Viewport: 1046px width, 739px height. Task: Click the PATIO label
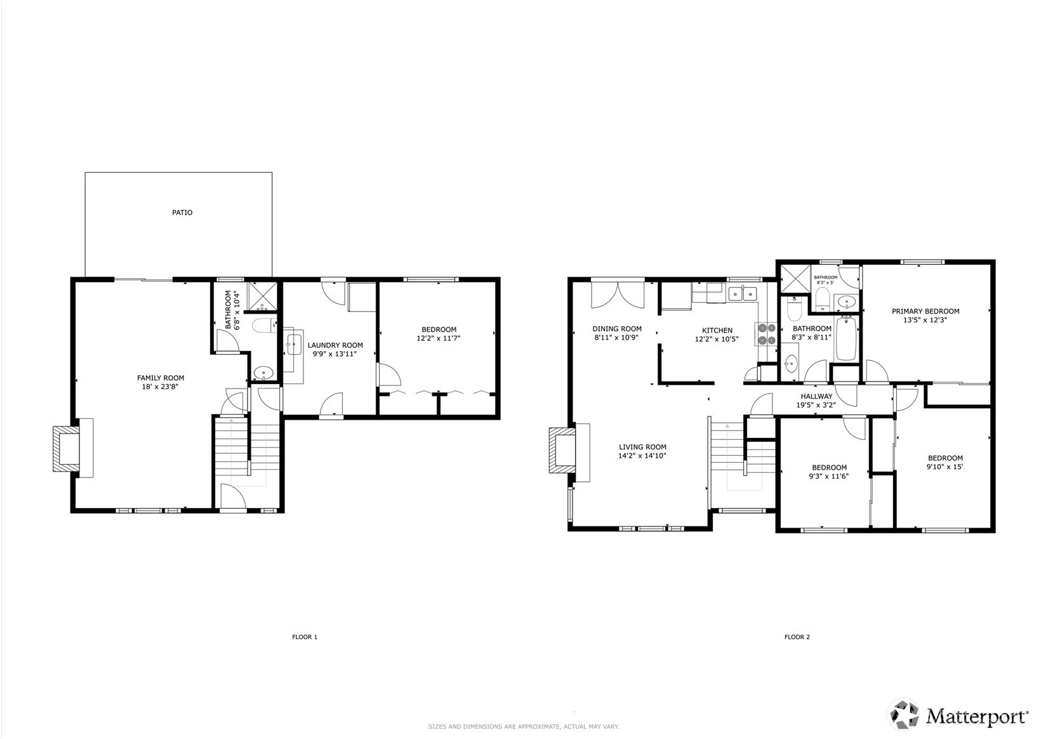pyautogui.click(x=182, y=213)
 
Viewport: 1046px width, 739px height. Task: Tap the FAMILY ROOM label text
pyautogui.click(x=161, y=378)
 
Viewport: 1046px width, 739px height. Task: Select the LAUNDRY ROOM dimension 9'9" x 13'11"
pyautogui.click(x=335, y=354)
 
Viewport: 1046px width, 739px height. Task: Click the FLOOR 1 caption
pyautogui.click(x=305, y=637)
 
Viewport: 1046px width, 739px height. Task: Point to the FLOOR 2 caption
pyautogui.click(x=797, y=637)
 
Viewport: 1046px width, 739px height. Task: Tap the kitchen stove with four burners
pyautogui.click(x=766, y=334)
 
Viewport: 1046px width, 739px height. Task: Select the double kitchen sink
pyautogui.click(x=743, y=293)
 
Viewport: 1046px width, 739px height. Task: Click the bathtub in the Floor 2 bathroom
pyautogui.click(x=845, y=338)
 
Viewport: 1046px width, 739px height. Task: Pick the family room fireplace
pyautogui.click(x=72, y=448)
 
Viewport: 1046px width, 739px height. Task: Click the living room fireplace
pyautogui.click(x=569, y=451)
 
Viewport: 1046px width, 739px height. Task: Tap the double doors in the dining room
pyautogui.click(x=618, y=295)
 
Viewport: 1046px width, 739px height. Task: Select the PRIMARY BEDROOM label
pyautogui.click(x=925, y=311)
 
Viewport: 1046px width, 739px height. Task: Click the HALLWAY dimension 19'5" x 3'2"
pyautogui.click(x=816, y=406)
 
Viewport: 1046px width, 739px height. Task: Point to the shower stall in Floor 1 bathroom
pyautogui.click(x=262, y=296)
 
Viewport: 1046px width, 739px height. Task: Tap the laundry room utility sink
pyautogui.click(x=294, y=345)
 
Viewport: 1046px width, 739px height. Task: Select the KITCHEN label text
pyautogui.click(x=717, y=330)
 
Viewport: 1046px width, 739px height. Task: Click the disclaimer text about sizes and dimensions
pyautogui.click(x=524, y=726)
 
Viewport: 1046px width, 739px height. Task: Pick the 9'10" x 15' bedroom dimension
pyautogui.click(x=945, y=467)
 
